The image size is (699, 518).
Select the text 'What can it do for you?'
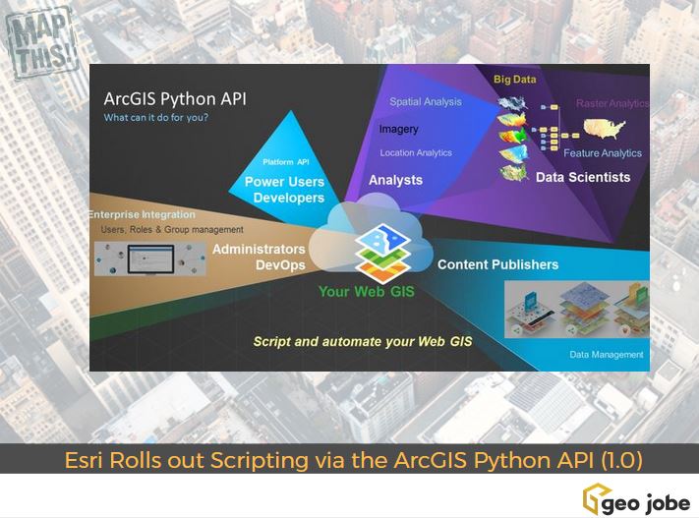click(156, 119)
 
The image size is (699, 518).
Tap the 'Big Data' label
click(514, 79)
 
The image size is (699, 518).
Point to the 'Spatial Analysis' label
click(425, 101)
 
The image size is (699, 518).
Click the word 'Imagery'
click(398, 129)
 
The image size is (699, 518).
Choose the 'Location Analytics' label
click(416, 152)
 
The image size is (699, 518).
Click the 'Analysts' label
click(395, 180)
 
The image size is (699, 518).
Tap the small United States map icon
click(605, 129)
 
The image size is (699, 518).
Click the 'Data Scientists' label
click(583, 177)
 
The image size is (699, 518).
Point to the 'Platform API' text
click(286, 162)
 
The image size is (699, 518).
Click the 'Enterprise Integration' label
click(142, 214)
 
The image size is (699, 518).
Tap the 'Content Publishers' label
click(497, 264)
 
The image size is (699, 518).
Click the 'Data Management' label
click(606, 355)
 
